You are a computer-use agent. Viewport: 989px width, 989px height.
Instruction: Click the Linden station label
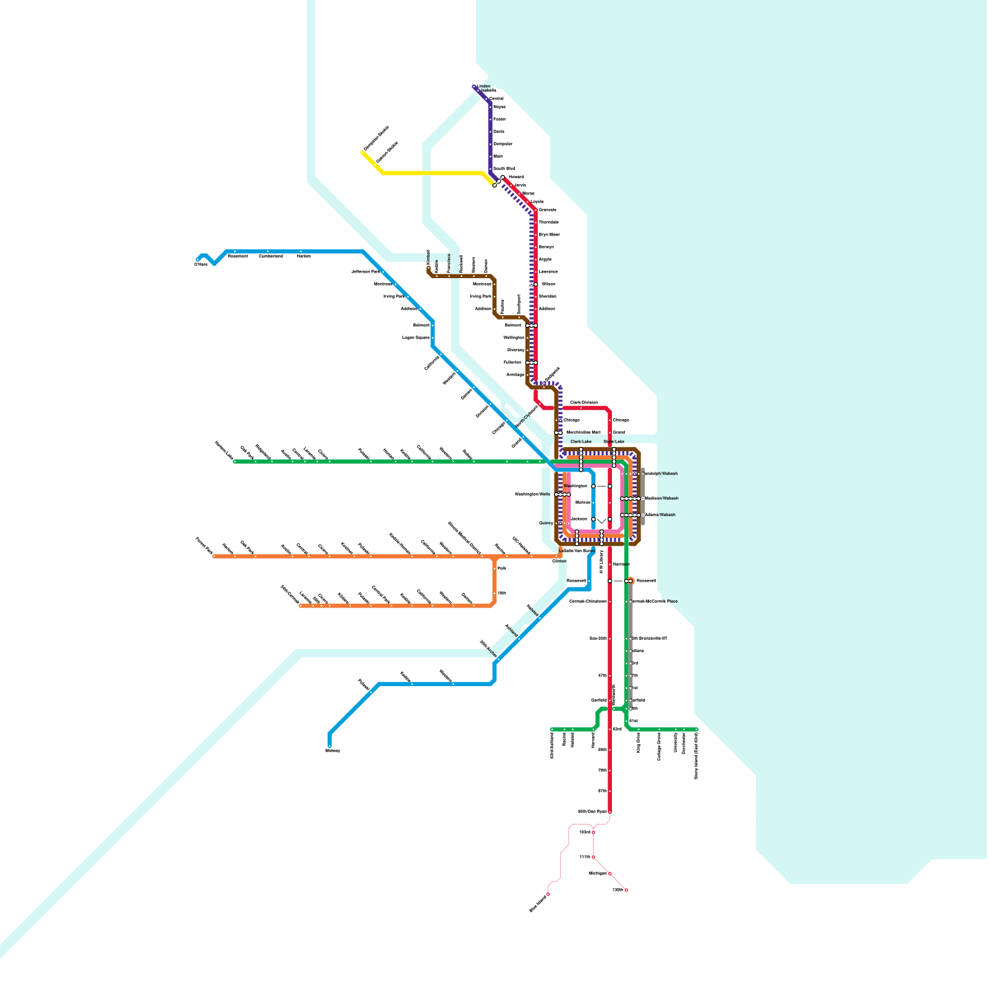484,87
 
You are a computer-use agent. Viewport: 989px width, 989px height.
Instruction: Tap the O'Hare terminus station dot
198,260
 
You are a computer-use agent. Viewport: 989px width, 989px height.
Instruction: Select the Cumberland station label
271,256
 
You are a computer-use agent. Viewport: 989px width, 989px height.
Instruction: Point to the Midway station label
333,750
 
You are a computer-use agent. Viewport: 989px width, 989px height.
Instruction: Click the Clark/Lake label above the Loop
581,442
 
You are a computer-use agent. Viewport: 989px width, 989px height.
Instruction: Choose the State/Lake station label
614,442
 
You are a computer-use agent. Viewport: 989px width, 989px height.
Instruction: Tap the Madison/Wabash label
662,498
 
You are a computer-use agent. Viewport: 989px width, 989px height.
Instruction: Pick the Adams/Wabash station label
660,515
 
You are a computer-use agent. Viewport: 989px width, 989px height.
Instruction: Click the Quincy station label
546,523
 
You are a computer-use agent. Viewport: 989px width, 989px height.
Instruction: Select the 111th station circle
593,857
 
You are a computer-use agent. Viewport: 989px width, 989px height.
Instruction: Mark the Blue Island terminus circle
548,894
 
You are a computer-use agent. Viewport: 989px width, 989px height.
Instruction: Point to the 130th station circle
626,890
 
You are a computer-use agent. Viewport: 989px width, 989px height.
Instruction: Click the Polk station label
501,568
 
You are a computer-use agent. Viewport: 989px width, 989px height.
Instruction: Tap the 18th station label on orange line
501,593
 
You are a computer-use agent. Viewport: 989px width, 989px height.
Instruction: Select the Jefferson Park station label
365,271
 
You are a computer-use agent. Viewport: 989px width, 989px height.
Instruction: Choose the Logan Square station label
415,337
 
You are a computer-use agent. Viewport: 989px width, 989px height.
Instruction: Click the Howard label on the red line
516,177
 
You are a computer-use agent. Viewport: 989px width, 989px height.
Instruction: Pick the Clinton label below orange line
559,561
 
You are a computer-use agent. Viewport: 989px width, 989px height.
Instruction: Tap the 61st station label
634,721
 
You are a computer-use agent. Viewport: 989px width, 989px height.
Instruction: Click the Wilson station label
548,284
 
